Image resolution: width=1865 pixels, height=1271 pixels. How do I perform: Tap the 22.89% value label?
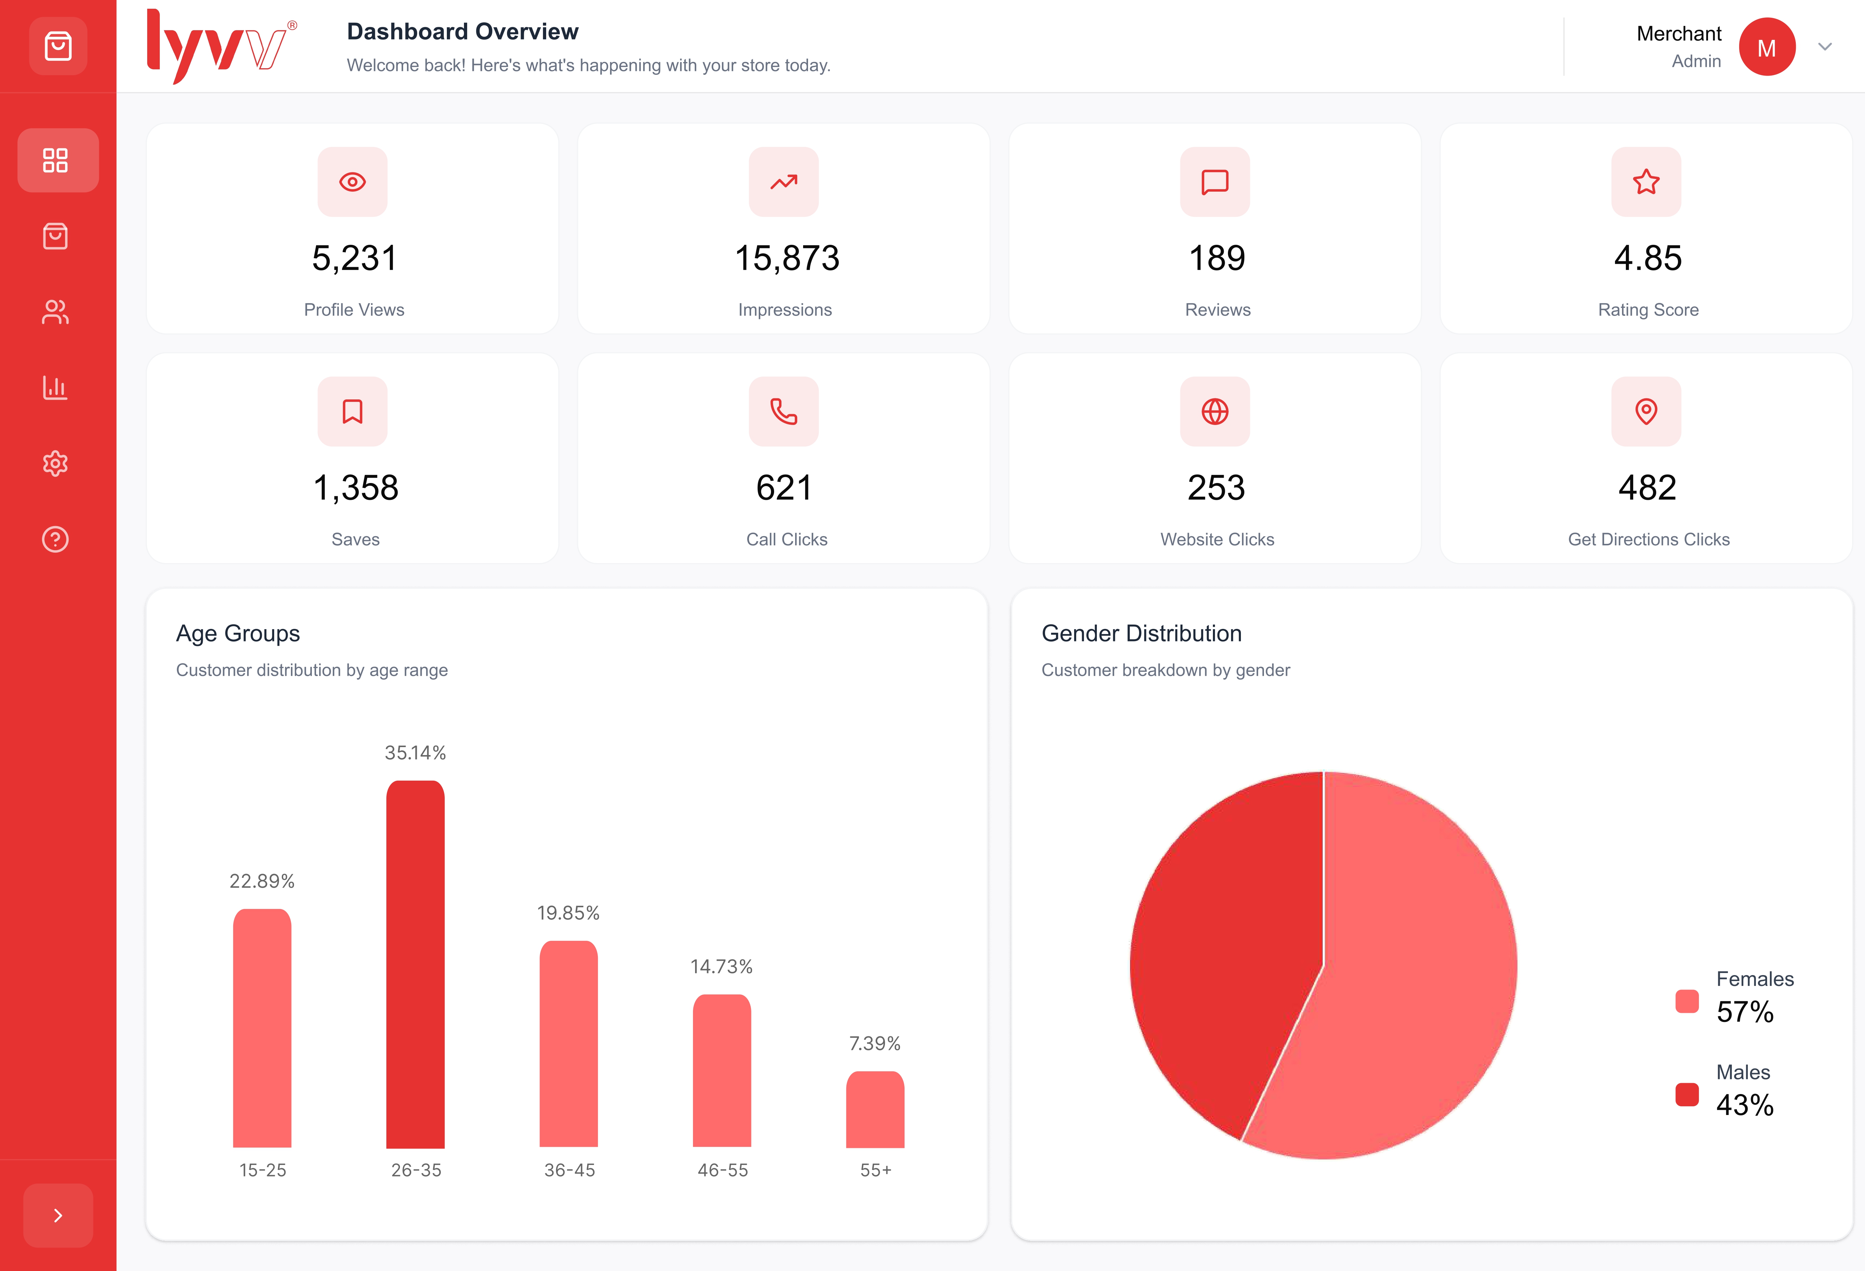pyautogui.click(x=262, y=881)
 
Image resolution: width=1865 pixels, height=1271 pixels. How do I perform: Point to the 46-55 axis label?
pyautogui.click(x=722, y=1170)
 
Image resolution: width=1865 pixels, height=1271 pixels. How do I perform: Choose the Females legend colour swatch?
pyautogui.click(x=1687, y=1001)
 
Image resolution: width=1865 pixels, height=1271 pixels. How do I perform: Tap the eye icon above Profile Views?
pyautogui.click(x=352, y=182)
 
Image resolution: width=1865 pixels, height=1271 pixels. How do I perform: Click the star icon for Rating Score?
pyautogui.click(x=1646, y=182)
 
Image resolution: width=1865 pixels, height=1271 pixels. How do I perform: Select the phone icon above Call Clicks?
pyautogui.click(x=783, y=411)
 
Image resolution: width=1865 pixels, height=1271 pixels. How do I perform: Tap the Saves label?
pyautogui.click(x=356, y=540)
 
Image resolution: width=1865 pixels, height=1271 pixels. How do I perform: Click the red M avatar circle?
pyautogui.click(x=1766, y=47)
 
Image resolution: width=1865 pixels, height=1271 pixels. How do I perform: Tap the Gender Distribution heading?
pyautogui.click(x=1141, y=633)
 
